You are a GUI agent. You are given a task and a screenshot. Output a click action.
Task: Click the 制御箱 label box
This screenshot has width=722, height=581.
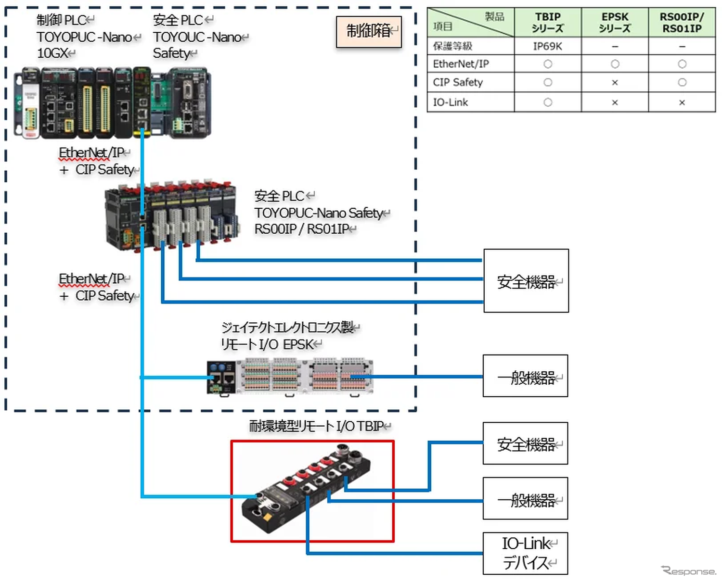[x=369, y=32]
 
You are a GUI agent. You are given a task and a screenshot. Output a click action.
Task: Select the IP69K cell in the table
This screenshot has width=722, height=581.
[x=547, y=46]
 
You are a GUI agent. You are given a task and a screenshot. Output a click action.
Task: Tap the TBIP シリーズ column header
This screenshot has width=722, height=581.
[x=547, y=23]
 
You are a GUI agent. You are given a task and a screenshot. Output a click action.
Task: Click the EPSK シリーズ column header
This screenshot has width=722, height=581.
[x=615, y=23]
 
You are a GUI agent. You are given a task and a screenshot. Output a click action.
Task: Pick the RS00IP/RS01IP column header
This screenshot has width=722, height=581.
[x=682, y=23]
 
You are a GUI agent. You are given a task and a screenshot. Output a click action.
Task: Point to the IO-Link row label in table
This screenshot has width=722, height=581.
[x=451, y=102]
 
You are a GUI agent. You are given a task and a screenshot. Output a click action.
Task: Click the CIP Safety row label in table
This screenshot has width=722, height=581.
[x=458, y=82]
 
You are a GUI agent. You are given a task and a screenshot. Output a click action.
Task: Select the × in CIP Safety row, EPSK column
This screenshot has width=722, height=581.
[x=615, y=83]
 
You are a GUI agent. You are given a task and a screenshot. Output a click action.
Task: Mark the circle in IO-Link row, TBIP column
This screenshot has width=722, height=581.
[x=548, y=102]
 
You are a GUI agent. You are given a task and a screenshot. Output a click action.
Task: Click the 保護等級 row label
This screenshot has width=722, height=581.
[x=452, y=46]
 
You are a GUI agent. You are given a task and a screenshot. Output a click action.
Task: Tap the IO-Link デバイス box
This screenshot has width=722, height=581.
[x=525, y=553]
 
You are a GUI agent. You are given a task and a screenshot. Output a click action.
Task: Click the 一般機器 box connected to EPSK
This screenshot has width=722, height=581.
[x=525, y=376]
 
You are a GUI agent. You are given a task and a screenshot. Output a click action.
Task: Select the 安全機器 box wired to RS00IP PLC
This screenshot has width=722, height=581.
[x=526, y=281]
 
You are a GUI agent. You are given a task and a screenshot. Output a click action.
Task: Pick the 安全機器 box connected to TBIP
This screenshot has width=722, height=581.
[x=525, y=443]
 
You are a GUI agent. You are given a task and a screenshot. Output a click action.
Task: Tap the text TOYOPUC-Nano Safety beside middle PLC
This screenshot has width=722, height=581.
[x=318, y=213]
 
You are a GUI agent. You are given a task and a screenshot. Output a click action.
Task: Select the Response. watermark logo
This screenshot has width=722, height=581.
[x=688, y=571]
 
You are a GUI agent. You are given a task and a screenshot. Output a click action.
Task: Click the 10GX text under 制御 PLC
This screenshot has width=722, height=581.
[x=52, y=53]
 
